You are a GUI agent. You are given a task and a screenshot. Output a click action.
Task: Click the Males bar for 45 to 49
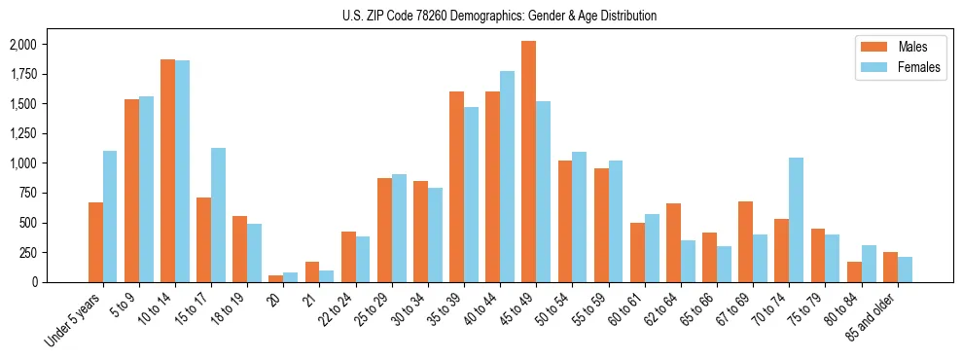[528, 162]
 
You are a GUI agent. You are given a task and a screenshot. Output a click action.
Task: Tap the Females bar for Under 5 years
[110, 217]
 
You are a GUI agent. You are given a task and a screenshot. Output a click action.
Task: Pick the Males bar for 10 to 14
[167, 171]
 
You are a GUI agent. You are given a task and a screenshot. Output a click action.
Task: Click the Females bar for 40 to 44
[507, 177]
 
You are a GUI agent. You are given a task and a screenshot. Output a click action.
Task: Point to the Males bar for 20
[275, 279]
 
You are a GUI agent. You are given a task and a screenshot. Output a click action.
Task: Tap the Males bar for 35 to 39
[456, 187]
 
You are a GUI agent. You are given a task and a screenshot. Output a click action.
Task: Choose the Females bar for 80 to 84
[868, 264]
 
